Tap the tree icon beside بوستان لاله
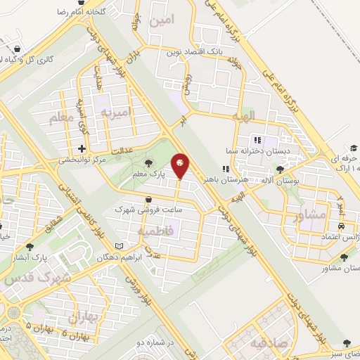(x=281, y=169)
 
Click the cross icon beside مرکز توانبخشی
(x=82, y=148)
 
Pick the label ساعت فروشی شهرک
(x=140, y=210)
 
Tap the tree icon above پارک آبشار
(x=30, y=247)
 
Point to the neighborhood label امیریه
(x=115, y=112)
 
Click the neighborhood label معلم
(x=60, y=118)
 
